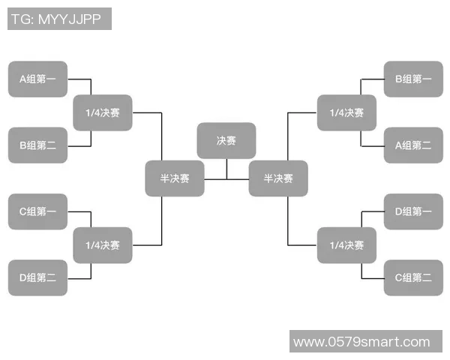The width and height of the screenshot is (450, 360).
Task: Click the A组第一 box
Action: (x=37, y=79)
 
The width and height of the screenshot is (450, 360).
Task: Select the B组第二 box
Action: (x=37, y=145)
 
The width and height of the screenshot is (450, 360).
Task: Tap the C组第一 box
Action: (x=37, y=211)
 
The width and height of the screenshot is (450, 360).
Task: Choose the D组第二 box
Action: (x=37, y=277)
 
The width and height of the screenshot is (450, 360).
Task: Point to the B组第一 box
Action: (x=413, y=79)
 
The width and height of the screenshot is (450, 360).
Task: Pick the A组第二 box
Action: (x=413, y=145)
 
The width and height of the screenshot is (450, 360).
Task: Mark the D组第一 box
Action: (x=413, y=211)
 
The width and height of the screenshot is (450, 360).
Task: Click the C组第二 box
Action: (x=413, y=277)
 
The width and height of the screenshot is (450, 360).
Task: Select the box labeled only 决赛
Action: (x=226, y=140)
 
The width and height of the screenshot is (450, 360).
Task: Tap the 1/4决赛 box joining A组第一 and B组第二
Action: (x=102, y=112)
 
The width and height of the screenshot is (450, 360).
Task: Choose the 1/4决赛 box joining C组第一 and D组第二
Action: (x=102, y=245)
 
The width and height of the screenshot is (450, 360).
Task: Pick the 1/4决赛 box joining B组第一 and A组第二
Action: (x=346, y=112)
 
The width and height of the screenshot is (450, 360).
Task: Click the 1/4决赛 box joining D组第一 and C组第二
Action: (x=346, y=245)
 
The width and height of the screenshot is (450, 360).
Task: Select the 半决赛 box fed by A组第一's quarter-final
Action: (x=174, y=178)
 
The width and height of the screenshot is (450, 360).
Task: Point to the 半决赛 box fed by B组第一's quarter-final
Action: (x=278, y=178)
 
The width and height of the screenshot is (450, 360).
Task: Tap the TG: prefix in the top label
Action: (x=22, y=19)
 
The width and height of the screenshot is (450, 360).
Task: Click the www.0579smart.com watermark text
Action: (x=361, y=342)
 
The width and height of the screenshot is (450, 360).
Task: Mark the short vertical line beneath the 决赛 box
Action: (x=226, y=169)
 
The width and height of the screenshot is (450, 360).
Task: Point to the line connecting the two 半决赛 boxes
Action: (x=226, y=179)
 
